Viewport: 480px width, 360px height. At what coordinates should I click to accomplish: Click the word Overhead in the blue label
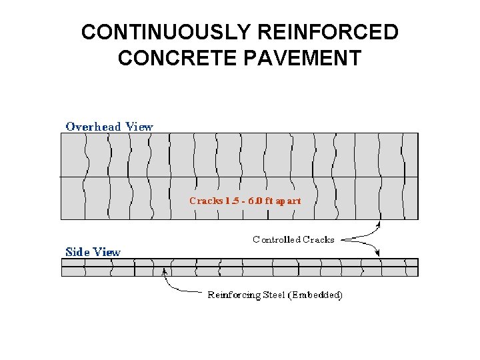coord(93,126)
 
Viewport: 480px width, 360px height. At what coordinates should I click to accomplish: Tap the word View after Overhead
coord(139,126)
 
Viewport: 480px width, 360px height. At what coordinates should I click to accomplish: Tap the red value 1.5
coord(231,201)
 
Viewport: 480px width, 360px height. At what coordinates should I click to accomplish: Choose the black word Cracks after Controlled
coord(319,239)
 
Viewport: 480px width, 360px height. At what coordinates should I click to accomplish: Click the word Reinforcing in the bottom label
coord(233,295)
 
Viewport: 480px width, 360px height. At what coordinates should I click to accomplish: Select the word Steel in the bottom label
coord(275,295)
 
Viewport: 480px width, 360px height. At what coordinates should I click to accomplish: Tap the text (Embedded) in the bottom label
coord(317,295)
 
